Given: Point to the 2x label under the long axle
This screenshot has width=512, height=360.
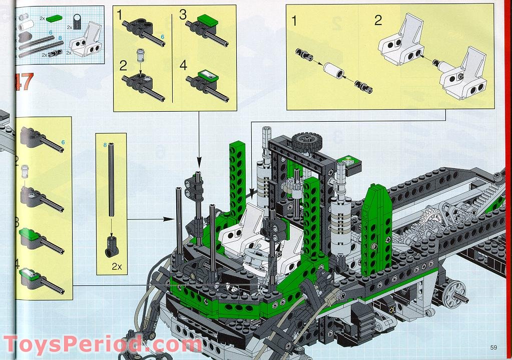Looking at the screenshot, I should pyautogui.click(x=117, y=267).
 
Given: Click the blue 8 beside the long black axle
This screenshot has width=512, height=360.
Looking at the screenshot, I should pyautogui.click(x=105, y=145).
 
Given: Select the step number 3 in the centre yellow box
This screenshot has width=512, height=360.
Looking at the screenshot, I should pyautogui.click(x=183, y=15).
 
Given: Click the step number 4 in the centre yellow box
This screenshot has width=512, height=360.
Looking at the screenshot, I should pyautogui.click(x=183, y=65).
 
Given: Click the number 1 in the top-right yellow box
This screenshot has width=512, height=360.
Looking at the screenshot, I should pyautogui.click(x=294, y=21).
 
